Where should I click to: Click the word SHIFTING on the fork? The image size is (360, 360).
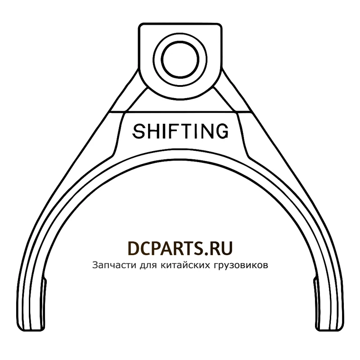(180, 131)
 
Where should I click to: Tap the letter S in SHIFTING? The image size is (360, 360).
(139, 131)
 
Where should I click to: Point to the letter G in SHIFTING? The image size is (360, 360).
(221, 131)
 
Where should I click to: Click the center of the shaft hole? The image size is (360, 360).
(180, 60)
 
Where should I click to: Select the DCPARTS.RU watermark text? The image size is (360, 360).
(180, 248)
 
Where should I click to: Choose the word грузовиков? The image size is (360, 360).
(241, 265)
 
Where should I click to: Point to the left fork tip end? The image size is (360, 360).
(31, 328)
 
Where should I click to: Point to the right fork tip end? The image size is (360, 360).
(329, 328)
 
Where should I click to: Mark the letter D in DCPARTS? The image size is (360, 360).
(133, 248)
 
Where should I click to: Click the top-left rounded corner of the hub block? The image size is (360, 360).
(140, 26)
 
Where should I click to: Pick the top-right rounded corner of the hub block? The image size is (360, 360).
(220, 26)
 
